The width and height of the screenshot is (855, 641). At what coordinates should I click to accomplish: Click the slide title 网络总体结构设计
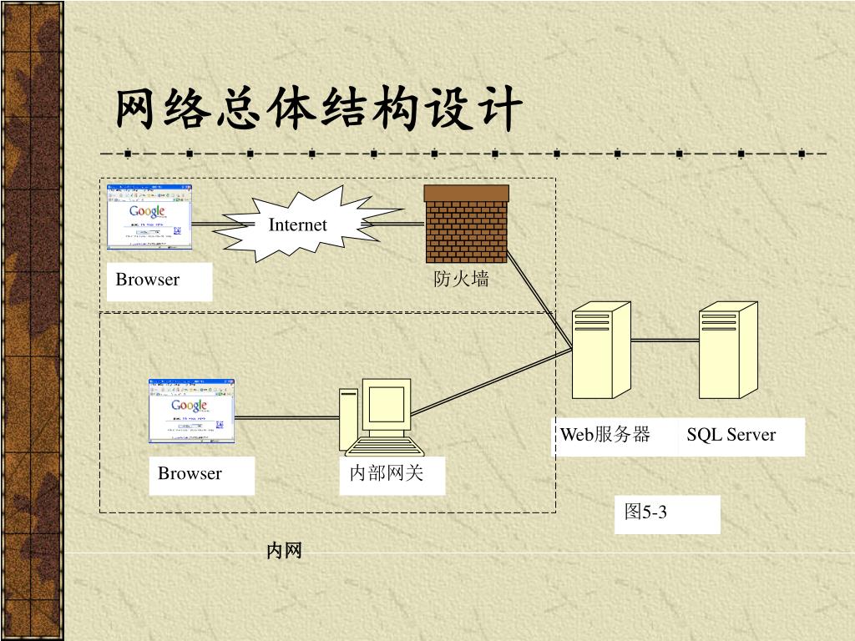pos(320,111)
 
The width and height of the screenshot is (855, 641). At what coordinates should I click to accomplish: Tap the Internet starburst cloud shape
pos(297,224)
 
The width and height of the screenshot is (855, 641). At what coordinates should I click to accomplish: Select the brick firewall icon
pos(466,223)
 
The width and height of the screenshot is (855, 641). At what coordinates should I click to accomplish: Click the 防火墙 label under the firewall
pos(461,280)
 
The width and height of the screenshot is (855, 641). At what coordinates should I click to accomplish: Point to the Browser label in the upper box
pos(148,280)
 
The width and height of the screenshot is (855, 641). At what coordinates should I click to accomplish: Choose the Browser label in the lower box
pos(190,474)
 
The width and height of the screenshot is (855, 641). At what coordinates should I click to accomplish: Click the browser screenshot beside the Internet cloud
pos(149,217)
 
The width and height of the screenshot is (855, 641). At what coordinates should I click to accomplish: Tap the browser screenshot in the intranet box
pos(191,411)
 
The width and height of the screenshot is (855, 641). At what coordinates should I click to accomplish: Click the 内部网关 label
pos(386,474)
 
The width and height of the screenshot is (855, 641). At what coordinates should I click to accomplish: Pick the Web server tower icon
pos(600,351)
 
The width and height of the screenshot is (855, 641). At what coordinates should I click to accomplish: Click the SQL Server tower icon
pos(727,351)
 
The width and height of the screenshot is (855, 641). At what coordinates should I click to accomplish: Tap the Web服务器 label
pos(605,435)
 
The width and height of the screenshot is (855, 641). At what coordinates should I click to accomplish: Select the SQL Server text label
pos(731,435)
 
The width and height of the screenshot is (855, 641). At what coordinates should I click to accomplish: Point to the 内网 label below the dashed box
pos(284,551)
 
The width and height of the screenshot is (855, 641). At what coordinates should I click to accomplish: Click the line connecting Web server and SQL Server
pos(665,340)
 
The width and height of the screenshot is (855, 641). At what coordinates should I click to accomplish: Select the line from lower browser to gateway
pos(286,416)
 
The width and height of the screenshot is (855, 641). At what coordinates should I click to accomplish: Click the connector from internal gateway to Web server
pos(493,382)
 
